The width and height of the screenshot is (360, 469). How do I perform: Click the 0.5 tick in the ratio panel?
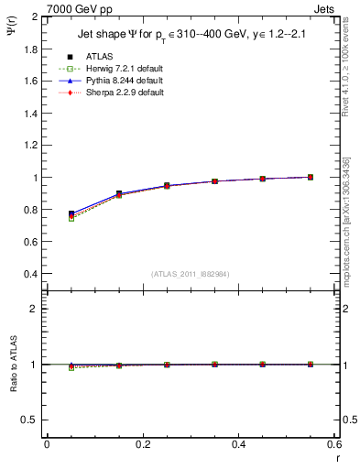[x=29, y=420]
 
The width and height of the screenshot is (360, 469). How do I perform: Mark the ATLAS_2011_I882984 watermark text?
[x=190, y=273]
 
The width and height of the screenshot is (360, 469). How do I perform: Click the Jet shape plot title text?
[x=190, y=36]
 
